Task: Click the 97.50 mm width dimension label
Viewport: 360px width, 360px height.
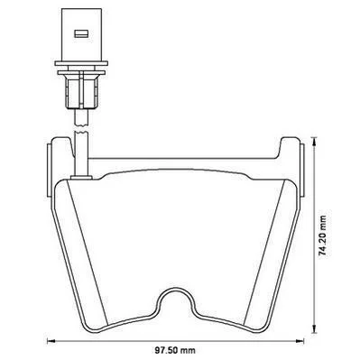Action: click(x=175, y=350)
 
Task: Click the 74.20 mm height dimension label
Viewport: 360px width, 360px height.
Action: click(x=323, y=235)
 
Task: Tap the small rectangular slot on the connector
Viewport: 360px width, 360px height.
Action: click(x=80, y=33)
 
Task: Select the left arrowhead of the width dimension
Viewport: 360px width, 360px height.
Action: click(x=51, y=341)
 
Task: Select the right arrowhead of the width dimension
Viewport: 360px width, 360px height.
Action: click(x=300, y=341)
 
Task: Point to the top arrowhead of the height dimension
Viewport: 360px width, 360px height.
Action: click(x=314, y=142)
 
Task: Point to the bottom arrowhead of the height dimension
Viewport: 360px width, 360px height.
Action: click(x=314, y=329)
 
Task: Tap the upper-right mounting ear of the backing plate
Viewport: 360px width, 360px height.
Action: click(x=291, y=147)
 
